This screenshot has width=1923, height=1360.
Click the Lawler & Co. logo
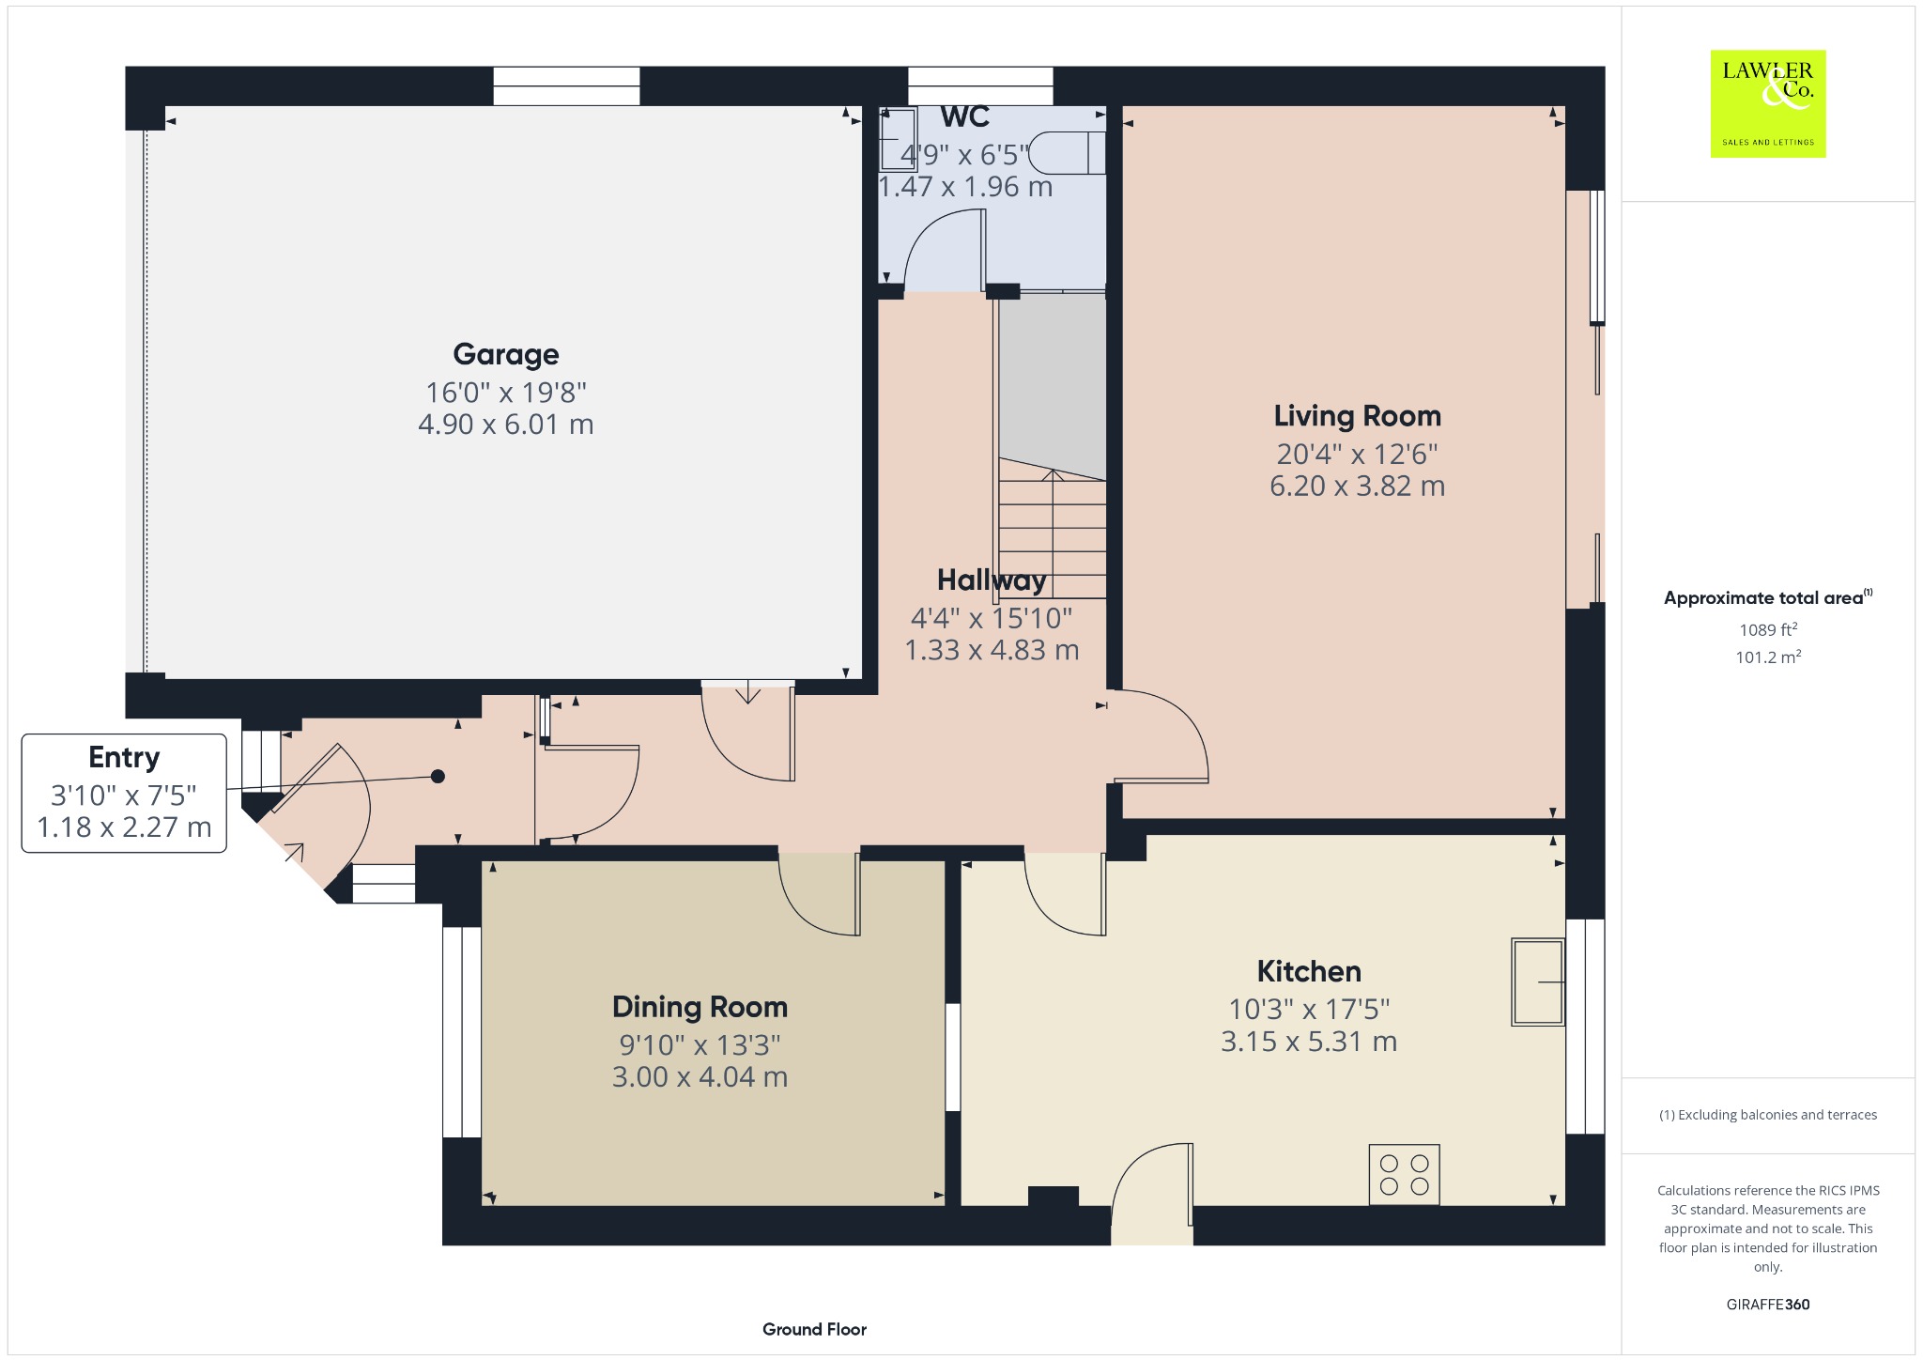click(1767, 103)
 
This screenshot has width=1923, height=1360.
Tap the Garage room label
click(506, 354)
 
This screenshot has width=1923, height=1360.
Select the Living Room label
click(1357, 416)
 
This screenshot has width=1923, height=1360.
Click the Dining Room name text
click(700, 1007)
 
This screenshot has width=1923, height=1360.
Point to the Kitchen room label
click(1309, 971)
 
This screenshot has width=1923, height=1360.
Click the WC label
click(965, 116)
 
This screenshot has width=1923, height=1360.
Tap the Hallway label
click(992, 580)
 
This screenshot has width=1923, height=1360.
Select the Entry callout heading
click(124, 757)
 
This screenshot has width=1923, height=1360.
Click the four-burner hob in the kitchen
click(1404, 1174)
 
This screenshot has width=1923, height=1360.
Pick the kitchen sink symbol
click(1537, 981)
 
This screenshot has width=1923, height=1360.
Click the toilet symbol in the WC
click(1066, 152)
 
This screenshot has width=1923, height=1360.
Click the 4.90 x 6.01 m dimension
click(506, 425)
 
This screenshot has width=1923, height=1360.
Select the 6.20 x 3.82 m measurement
click(1357, 487)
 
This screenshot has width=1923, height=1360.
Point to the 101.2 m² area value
click(1768, 657)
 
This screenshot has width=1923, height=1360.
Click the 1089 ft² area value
click(1768, 629)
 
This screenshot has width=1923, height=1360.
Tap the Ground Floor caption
click(814, 1329)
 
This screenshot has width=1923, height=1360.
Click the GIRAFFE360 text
click(1768, 1304)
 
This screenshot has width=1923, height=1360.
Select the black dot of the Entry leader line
click(438, 777)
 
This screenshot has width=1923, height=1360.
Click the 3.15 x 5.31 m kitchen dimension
click(1309, 1042)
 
